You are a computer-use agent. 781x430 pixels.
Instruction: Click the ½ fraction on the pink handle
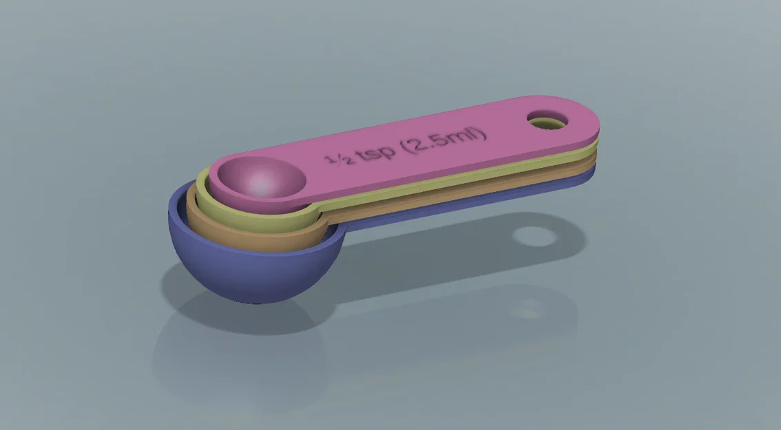pos(339,160)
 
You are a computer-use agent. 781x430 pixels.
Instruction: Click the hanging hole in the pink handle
pos(548,122)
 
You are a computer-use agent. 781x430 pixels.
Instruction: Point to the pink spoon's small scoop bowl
pos(258,178)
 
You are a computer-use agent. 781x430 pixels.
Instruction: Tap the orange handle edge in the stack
pos(482,185)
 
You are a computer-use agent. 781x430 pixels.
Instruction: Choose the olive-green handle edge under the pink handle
pos(482,172)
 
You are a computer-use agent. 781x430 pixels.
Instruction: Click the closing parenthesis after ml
pos(483,131)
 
